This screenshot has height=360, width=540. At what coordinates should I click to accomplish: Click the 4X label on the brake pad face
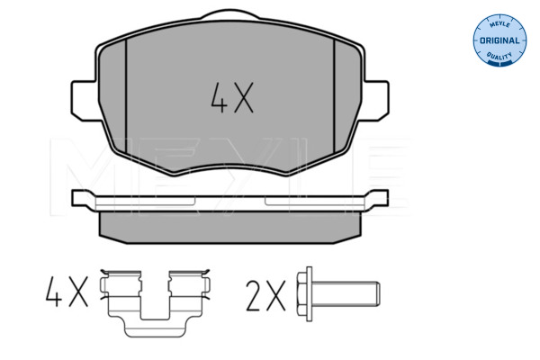[232, 97]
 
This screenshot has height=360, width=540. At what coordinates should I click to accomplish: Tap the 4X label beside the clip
[67, 292]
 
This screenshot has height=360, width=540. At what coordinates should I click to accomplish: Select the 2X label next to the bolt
[265, 296]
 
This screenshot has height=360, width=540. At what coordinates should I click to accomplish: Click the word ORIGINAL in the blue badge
[499, 40]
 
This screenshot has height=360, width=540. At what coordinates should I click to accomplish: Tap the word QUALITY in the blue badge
[499, 56]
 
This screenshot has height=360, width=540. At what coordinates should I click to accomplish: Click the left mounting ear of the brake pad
[84, 101]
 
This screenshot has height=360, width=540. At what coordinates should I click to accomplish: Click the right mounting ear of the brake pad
[375, 101]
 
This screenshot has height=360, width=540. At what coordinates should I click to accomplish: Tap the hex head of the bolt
[301, 294]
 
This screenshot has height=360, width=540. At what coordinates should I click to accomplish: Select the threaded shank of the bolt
[346, 294]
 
